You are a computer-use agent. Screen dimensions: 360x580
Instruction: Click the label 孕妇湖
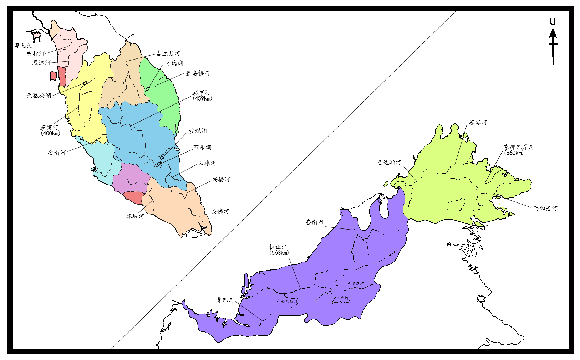24,46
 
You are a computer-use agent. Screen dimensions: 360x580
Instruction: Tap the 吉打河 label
35,54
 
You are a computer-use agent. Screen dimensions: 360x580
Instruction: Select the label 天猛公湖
39,96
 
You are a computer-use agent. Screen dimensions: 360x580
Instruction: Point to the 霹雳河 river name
49,127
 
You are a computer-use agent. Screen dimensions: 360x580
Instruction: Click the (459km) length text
202,99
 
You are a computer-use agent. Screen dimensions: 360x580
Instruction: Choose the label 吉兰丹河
168,53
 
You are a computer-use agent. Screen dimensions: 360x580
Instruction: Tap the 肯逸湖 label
174,63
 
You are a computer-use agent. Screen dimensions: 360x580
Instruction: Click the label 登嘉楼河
198,73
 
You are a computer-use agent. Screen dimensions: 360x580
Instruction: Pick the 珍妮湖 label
198,131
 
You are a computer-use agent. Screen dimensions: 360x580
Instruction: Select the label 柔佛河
220,211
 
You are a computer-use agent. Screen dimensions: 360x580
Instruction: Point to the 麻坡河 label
135,216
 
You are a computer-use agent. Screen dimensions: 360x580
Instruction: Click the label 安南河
57,153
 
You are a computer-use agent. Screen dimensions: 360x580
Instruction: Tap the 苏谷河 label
478,123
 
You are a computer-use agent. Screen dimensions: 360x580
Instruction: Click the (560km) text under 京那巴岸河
514,153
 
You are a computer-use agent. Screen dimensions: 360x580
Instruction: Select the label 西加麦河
545,209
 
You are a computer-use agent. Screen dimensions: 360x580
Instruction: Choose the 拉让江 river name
278,247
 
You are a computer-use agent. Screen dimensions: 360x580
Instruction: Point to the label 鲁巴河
225,300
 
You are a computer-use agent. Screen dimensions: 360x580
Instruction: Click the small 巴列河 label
342,298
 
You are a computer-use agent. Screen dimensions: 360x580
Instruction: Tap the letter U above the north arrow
553,22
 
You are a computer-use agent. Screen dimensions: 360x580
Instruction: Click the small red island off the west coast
53,76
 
